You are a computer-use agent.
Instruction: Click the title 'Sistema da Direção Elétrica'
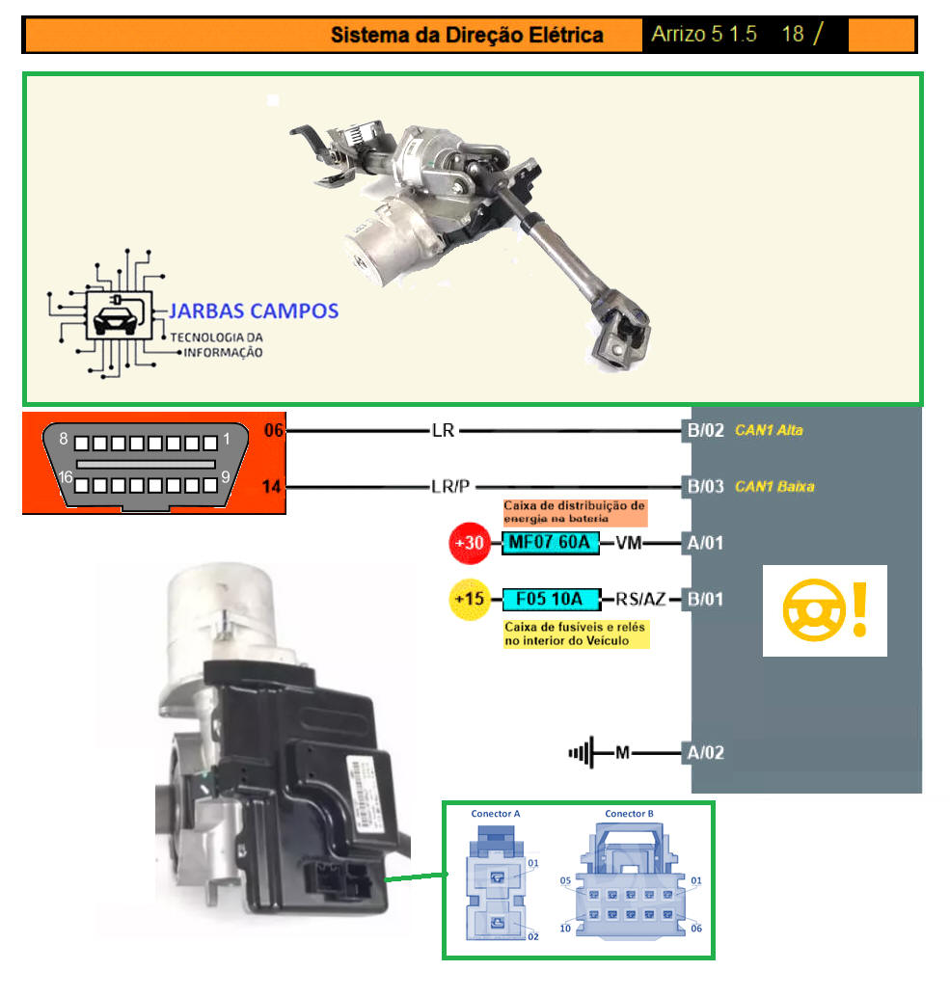467,36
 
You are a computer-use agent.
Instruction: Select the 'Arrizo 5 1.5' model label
703,35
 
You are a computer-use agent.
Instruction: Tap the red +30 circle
470,543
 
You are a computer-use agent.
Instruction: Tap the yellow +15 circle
470,600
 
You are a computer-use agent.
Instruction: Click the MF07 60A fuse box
550,543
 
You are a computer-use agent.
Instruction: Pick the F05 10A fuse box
550,600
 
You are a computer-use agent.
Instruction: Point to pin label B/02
704,430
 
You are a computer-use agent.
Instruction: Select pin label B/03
704,486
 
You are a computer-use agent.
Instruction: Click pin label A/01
703,543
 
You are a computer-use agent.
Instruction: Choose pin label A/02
703,752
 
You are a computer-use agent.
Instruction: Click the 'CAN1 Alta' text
769,430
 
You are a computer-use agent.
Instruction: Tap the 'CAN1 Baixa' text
774,486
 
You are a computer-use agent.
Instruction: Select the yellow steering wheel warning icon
825,611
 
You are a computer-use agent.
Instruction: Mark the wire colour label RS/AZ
641,600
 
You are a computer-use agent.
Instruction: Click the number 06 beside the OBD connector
274,430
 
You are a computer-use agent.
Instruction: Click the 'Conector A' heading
496,814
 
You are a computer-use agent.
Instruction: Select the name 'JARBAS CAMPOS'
254,310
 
